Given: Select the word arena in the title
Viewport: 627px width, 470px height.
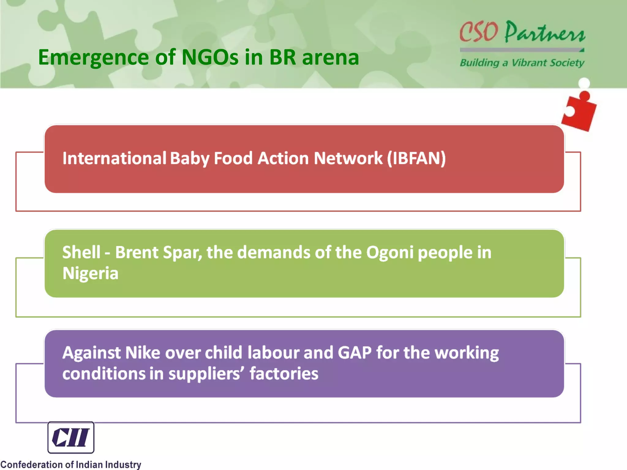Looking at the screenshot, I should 330,58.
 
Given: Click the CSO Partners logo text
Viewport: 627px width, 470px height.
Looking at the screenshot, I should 522,32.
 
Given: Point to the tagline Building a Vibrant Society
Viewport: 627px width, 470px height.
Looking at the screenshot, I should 522,63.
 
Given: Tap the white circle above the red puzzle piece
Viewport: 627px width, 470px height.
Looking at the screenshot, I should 584,83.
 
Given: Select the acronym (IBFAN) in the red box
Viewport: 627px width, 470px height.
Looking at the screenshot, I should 416,159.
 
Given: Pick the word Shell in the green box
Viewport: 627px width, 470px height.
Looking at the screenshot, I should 81,252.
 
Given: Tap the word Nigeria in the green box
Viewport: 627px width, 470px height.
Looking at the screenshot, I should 90,273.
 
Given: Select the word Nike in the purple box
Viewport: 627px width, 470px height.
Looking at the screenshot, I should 143,353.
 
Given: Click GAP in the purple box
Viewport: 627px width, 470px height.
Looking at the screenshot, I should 355,353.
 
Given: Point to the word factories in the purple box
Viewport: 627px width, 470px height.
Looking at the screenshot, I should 284,374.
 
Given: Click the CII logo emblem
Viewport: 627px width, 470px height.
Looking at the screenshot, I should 71,437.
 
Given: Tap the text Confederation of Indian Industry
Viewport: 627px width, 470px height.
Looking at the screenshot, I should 71,464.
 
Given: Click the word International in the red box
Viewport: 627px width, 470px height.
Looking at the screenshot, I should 114,159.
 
